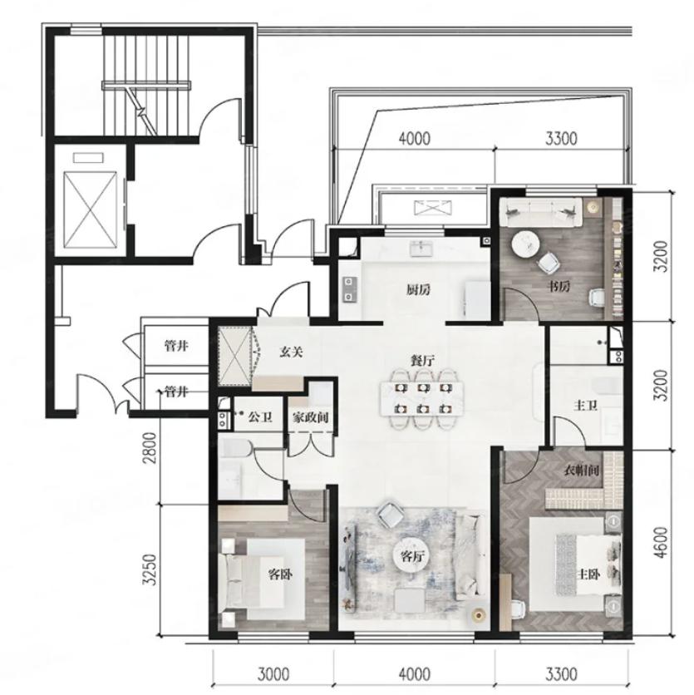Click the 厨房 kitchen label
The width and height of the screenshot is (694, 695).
pos(418,290)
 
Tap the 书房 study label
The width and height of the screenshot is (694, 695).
pos(559,287)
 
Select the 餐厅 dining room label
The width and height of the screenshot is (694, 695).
pos(422,360)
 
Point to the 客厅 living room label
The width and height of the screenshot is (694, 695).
pos(412,557)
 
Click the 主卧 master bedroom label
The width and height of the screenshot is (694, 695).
pos(588,575)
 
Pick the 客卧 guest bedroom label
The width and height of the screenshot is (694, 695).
pos(281,575)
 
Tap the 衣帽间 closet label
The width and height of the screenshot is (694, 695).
pos(582,471)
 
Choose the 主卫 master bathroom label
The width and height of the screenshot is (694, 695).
pos(586,405)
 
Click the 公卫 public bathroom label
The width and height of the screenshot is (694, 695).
pos(260,417)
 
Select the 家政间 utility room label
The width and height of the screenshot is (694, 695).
pos(310,417)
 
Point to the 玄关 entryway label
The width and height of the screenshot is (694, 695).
pos(291,352)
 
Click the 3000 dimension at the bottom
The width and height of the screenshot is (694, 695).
pos(273,675)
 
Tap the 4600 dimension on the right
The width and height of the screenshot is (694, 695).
pos(661,543)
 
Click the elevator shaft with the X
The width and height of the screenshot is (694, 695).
pos(91,210)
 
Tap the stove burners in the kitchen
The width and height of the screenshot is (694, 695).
pos(350,289)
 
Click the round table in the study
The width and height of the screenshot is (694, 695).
pos(525,244)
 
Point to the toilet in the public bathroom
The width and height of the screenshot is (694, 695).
pos(237,450)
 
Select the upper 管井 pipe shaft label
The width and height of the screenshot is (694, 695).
pos(176,346)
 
